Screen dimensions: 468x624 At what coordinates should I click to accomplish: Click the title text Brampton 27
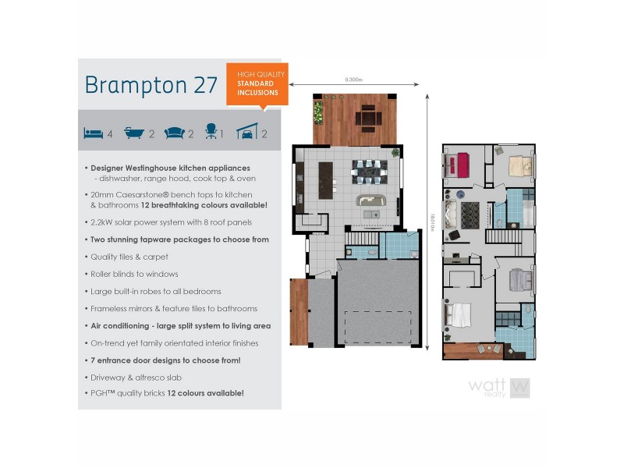pos(151,85)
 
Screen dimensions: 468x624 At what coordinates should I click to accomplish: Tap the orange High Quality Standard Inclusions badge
pos(257,83)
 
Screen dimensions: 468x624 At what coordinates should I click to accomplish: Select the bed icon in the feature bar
pos(93,133)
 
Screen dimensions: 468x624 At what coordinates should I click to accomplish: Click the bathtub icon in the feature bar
pos(134,133)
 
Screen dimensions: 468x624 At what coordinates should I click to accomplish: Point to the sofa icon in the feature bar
pos(175,133)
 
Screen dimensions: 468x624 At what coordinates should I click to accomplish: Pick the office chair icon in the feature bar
pos(210,133)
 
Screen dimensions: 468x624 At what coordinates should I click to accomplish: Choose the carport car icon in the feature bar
pos(247,133)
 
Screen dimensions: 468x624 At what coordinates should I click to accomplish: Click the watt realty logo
pos(499,388)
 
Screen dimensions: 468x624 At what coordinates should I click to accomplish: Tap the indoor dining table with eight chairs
pos(369,169)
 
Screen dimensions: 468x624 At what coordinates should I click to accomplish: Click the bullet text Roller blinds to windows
pos(134,274)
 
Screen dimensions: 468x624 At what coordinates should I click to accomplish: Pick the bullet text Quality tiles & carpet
pos(129,257)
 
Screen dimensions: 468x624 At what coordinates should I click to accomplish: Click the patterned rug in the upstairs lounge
pos(470,214)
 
